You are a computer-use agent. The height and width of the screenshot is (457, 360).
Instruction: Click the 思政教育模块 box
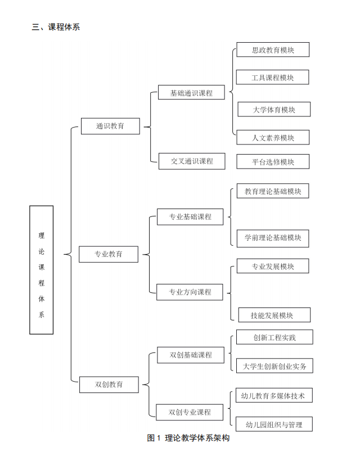point(273,50)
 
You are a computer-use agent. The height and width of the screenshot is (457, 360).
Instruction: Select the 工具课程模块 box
point(273,78)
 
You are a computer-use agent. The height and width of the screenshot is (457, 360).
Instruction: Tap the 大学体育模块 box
point(274,110)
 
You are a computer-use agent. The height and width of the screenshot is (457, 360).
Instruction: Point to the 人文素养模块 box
point(273,137)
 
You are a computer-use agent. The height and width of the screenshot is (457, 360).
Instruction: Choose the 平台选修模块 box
point(273,162)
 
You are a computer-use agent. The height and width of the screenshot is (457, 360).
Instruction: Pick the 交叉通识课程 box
point(192,161)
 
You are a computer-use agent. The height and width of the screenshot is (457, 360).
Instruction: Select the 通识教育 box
point(110,126)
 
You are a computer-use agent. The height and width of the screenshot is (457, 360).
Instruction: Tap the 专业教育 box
point(109,254)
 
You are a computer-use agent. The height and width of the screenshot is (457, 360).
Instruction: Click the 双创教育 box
point(109,384)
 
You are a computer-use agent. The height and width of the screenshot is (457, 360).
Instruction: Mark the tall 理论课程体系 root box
point(42,270)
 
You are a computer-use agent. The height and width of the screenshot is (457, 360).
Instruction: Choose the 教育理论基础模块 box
point(273,192)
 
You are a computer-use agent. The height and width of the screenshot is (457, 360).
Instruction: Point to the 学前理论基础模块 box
point(273,238)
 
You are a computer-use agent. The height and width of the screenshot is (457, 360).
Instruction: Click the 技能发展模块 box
point(273,315)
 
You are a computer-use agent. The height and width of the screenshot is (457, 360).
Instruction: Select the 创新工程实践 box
point(274,338)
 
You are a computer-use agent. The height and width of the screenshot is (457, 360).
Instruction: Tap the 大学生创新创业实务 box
point(274,366)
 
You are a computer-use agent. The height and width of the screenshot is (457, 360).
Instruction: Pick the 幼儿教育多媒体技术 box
point(273,396)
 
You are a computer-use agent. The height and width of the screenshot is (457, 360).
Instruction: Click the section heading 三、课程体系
point(56,26)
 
